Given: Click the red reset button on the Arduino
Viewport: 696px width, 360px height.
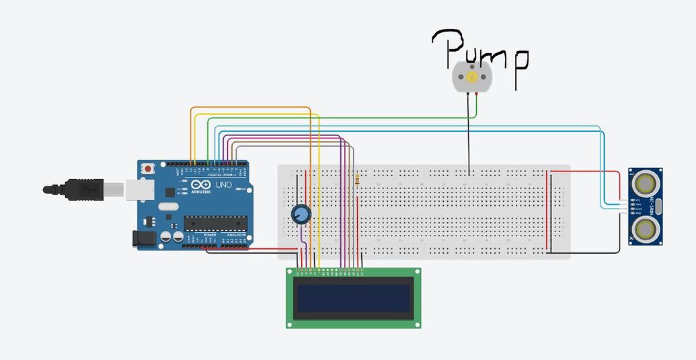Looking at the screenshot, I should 147,167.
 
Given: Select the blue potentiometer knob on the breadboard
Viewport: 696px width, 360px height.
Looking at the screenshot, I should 301,215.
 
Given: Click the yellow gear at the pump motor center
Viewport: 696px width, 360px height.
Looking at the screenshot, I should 471,76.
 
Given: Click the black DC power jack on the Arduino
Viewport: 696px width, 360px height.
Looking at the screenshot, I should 143,238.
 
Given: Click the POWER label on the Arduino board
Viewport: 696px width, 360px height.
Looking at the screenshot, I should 210,236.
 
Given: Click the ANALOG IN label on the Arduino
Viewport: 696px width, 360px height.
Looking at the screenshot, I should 236,236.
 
